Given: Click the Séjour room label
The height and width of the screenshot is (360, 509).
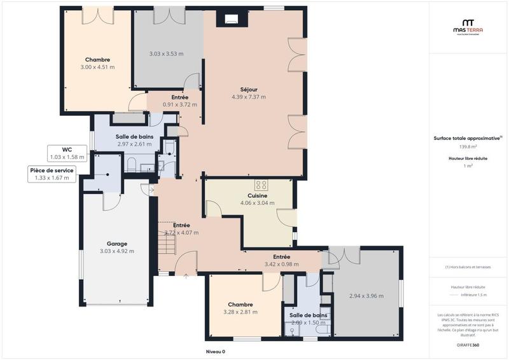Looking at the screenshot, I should click(249, 90).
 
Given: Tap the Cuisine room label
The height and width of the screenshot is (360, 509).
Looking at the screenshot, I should click(257, 196).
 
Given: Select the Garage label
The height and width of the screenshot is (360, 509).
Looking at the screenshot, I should click(117, 244).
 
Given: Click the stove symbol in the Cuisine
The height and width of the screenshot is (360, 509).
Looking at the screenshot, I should click(261, 185).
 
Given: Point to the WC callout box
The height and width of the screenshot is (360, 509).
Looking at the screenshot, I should click(67, 153).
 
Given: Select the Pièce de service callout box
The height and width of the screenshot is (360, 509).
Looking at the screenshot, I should click(52, 174).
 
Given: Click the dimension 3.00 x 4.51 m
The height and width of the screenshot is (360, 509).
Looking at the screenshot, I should click(97, 67).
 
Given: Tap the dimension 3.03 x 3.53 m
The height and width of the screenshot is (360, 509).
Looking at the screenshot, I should click(166, 54).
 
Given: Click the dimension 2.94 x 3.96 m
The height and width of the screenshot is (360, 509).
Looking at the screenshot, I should click(366, 296).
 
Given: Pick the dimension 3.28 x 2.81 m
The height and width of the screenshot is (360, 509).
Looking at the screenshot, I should click(241, 312).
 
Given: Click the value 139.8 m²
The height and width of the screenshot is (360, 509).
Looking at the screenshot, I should click(468, 147).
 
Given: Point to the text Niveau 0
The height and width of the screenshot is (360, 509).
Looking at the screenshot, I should click(215, 352).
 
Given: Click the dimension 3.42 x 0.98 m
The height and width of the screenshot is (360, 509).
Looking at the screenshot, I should click(281, 264).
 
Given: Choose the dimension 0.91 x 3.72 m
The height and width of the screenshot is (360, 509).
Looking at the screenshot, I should click(180, 105).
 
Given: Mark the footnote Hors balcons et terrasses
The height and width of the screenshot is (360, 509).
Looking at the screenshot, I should click(468, 267).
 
